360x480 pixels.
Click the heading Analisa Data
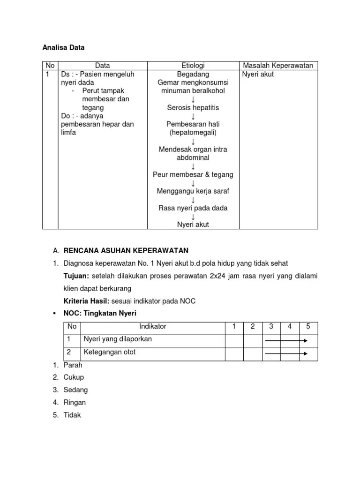pyautogui.click(x=63, y=47)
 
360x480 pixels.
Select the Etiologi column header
pyautogui.click(x=193, y=66)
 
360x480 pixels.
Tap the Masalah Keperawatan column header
pyautogui.click(x=278, y=66)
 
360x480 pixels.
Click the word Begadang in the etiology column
pyautogui.click(x=193, y=74)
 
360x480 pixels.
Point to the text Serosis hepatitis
pyautogui.click(x=193, y=107)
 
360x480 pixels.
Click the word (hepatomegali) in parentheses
pyautogui.click(x=193, y=133)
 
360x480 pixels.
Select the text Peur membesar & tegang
pyautogui.click(x=193, y=174)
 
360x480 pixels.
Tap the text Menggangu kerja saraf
pyautogui.click(x=193, y=191)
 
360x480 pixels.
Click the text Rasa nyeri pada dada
pyautogui.click(x=193, y=208)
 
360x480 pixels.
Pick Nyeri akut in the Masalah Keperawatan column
pyautogui.click(x=258, y=74)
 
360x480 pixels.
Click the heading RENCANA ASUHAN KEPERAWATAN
pyautogui.click(x=126, y=250)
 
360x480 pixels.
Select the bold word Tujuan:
pyautogui.click(x=76, y=276)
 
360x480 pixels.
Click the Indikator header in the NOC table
pyautogui.click(x=152, y=327)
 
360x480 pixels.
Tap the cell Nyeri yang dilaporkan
pyautogui.click(x=118, y=339)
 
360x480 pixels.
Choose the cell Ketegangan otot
pyautogui.click(x=110, y=352)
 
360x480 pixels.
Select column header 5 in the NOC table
pyautogui.click(x=308, y=327)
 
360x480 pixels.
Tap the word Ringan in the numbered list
pyautogui.click(x=75, y=402)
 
